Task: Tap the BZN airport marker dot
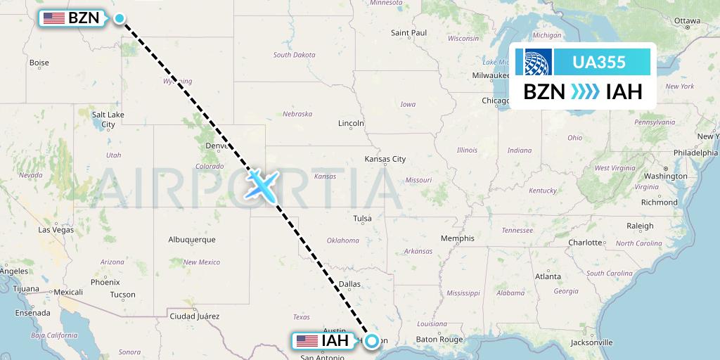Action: click(x=120, y=19)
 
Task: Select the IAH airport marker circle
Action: click(x=372, y=341)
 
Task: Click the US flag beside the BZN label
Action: click(x=54, y=18)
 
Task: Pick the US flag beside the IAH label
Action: click(x=307, y=341)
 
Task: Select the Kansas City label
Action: click(x=385, y=160)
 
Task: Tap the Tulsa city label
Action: click(x=362, y=219)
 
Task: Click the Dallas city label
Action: click(x=349, y=284)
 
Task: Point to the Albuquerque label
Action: click(x=192, y=240)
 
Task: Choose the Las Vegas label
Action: click(x=56, y=230)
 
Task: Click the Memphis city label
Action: click(x=457, y=238)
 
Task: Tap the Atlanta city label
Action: click(x=548, y=276)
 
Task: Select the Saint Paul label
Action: click(x=409, y=33)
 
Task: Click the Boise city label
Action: click(x=39, y=63)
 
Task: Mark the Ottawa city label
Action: click(x=687, y=21)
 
